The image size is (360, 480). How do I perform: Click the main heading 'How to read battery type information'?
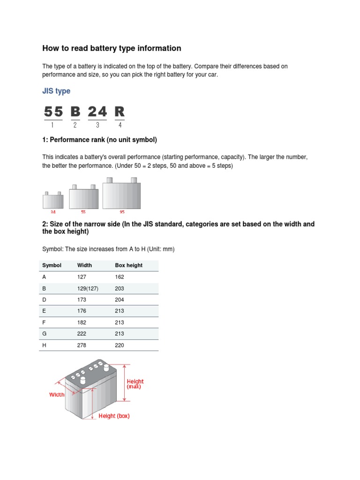tap(112, 48)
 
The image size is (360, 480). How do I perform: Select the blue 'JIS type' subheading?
tap(56, 91)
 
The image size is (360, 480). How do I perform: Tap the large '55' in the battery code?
tap(53, 112)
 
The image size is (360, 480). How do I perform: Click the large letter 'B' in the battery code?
tap(75, 112)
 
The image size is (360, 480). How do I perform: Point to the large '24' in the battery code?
tap(97, 112)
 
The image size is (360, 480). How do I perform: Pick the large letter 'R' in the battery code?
tap(120, 112)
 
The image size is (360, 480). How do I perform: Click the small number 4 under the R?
tap(120, 125)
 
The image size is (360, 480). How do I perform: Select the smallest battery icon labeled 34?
tap(53, 200)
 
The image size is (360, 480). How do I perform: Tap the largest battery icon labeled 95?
tap(121, 194)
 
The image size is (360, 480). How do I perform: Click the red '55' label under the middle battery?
tap(83, 212)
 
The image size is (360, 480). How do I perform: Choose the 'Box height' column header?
tap(128, 265)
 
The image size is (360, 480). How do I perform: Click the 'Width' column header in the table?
tap(84, 265)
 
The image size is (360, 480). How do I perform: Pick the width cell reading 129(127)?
tap(88, 288)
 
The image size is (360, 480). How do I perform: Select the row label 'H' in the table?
tap(45, 345)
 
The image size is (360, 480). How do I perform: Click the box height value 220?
tap(120, 345)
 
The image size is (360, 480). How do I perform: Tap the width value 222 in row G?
tap(82, 334)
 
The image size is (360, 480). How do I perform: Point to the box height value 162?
tap(120, 277)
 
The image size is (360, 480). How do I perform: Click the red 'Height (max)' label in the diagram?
tap(135, 384)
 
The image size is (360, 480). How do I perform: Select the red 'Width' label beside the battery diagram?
tap(57, 395)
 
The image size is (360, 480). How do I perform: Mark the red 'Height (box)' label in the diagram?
tap(114, 416)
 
